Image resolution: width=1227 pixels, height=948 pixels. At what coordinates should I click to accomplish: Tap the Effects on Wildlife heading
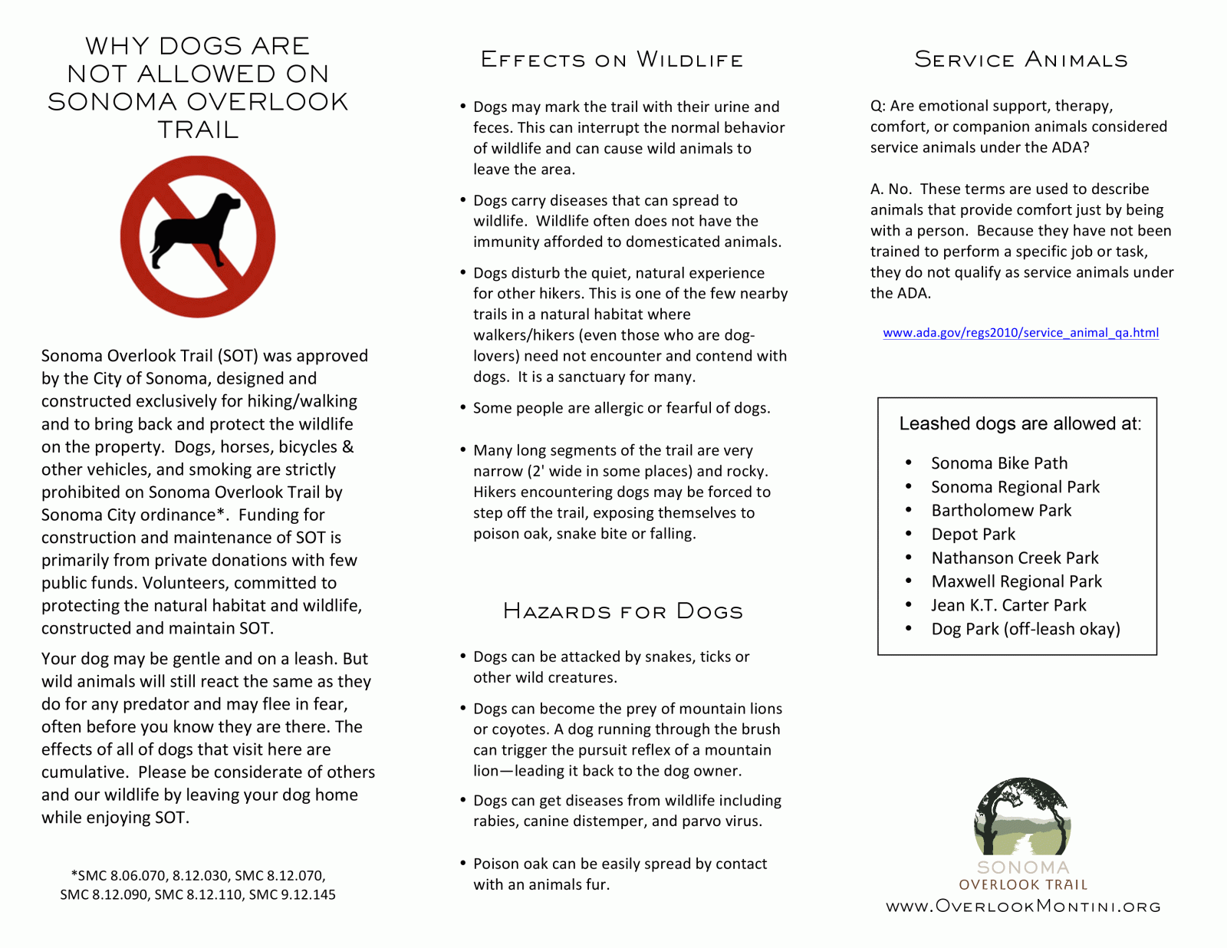[612, 60]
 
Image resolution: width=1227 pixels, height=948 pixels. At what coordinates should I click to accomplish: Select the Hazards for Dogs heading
[623, 611]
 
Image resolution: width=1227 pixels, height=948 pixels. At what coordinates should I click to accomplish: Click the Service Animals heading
[1021, 60]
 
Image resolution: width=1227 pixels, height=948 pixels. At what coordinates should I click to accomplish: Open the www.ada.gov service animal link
[1020, 333]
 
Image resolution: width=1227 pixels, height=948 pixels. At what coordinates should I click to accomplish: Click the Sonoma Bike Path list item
[998, 463]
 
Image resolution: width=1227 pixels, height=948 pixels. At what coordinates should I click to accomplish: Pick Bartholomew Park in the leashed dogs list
[1001, 511]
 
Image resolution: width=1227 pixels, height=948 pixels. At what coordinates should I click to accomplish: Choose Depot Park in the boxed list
[972, 535]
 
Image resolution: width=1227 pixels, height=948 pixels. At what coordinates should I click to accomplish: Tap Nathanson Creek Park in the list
[1015, 558]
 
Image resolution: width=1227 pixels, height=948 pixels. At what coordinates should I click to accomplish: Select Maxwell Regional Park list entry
[1016, 582]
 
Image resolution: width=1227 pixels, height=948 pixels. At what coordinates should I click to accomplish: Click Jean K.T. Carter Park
[1008, 606]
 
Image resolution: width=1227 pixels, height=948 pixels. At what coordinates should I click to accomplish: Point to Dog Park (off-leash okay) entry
[1025, 630]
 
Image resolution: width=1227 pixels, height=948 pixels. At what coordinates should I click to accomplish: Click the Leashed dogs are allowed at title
[1019, 424]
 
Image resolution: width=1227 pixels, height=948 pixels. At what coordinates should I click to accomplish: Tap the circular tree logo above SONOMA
[1021, 816]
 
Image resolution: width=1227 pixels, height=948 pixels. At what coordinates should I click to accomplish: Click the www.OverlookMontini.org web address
[1023, 907]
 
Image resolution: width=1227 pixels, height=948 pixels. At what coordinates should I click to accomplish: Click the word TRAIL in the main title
[198, 130]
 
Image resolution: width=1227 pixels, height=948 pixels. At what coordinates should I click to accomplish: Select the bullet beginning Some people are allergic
[621, 408]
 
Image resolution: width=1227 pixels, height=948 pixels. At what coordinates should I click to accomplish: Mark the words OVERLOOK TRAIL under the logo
[1023, 885]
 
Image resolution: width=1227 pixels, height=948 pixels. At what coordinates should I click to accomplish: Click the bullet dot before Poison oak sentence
[463, 863]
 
